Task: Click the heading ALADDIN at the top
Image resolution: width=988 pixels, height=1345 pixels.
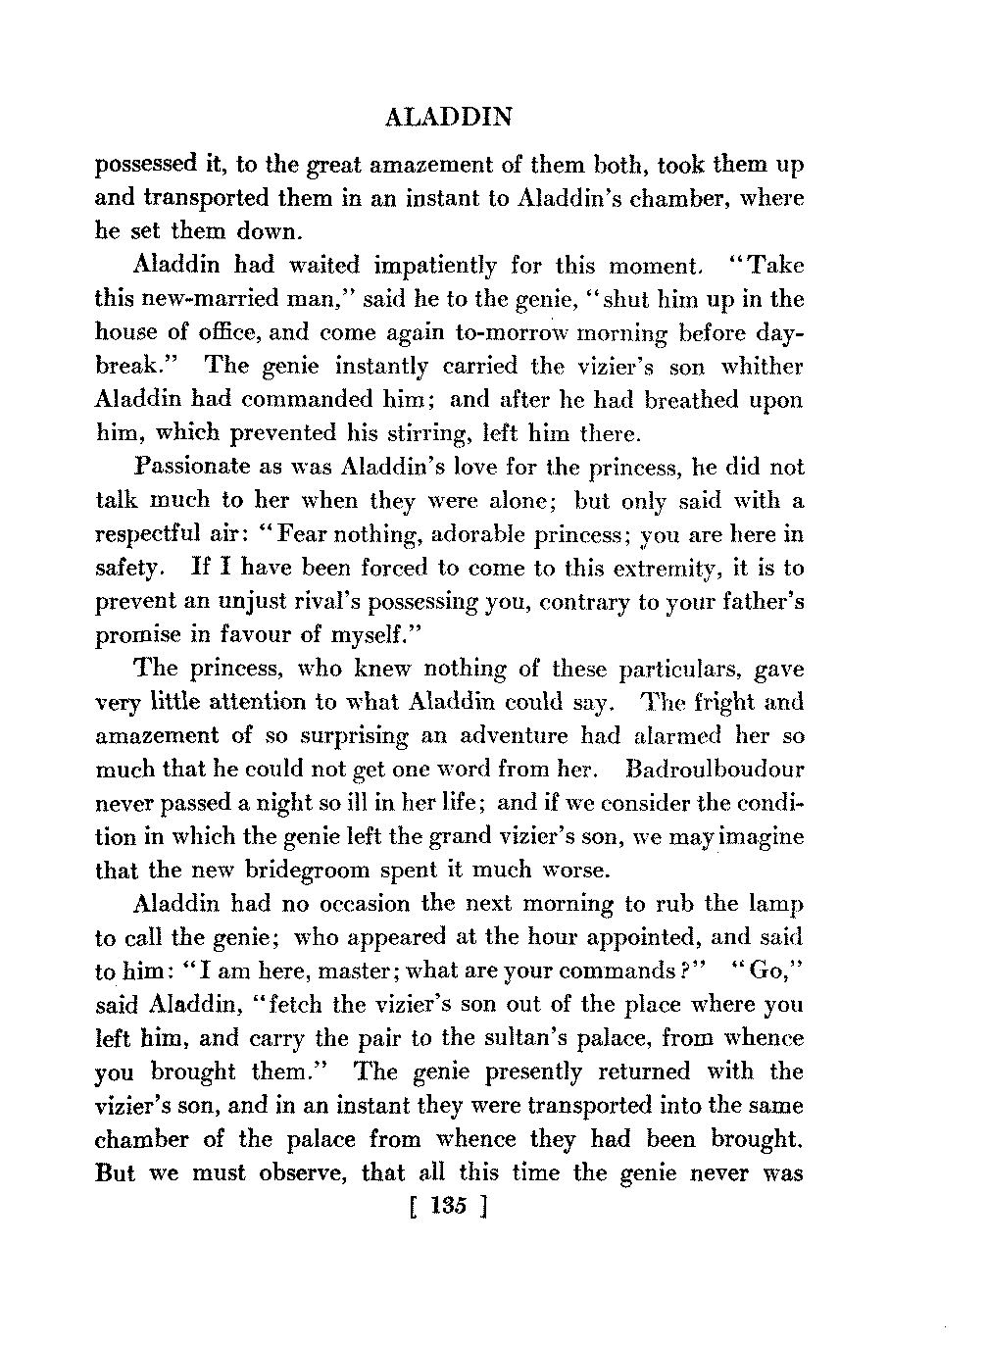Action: coord(450,118)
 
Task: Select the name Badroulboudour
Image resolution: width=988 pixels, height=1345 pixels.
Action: coord(705,770)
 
